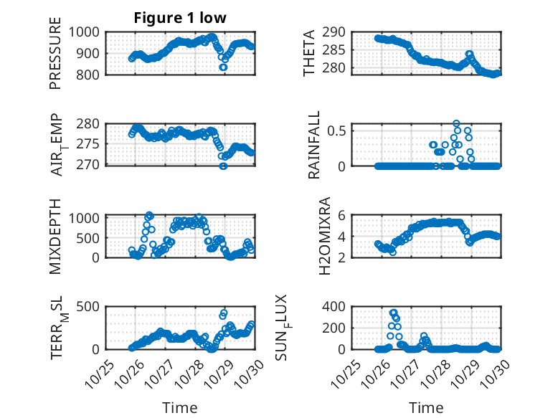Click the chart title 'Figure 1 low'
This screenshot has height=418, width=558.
(x=180, y=18)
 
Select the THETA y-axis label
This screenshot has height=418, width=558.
(x=308, y=53)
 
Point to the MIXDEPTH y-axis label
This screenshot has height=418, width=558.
(x=55, y=236)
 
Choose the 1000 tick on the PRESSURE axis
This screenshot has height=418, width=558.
(x=88, y=32)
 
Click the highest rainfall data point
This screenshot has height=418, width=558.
(x=456, y=123)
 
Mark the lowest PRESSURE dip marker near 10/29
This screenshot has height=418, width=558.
(x=223, y=67)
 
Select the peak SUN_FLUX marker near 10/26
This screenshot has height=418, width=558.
(x=393, y=313)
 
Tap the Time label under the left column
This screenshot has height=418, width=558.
(x=180, y=408)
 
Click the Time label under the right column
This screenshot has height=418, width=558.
(x=427, y=408)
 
